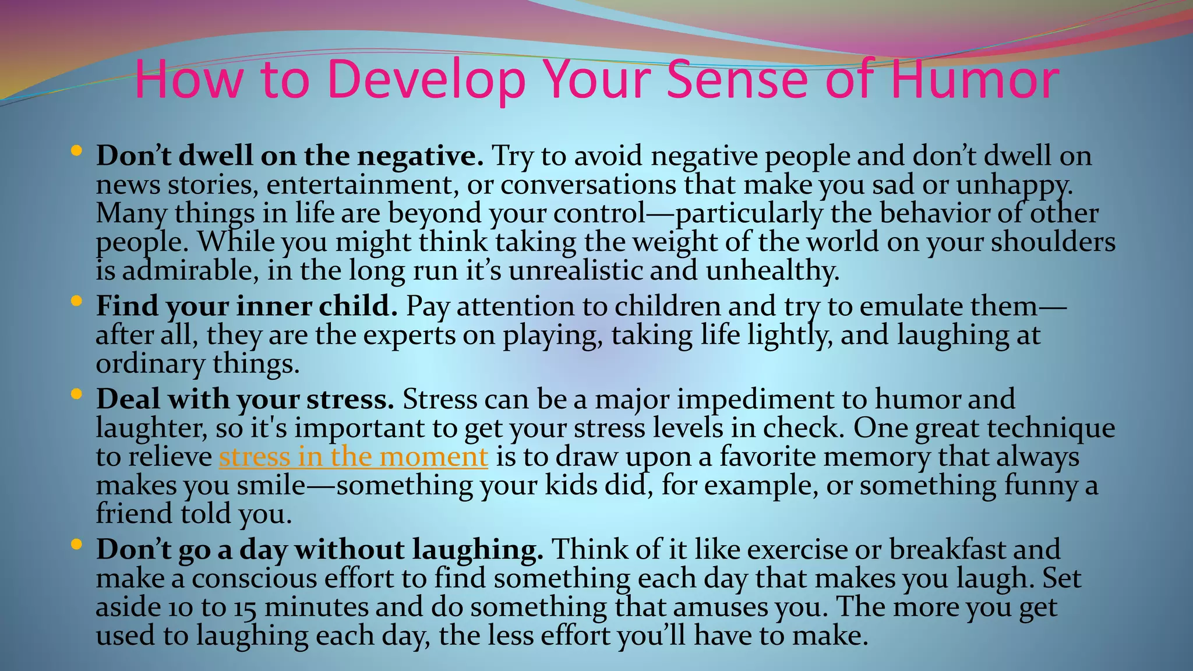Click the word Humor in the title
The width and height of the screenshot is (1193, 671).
pos(975,80)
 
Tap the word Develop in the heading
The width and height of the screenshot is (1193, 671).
pos(426,80)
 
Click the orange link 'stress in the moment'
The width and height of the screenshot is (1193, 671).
pos(353,456)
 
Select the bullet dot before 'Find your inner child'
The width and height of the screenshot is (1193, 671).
pos(76,302)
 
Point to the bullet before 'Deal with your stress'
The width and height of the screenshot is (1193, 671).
pos(76,394)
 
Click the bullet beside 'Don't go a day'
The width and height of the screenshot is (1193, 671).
pos(76,545)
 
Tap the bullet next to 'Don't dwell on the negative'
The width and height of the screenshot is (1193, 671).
pos(76,151)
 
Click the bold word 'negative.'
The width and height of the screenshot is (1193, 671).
pos(420,156)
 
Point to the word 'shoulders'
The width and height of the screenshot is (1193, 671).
pos(1053,242)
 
